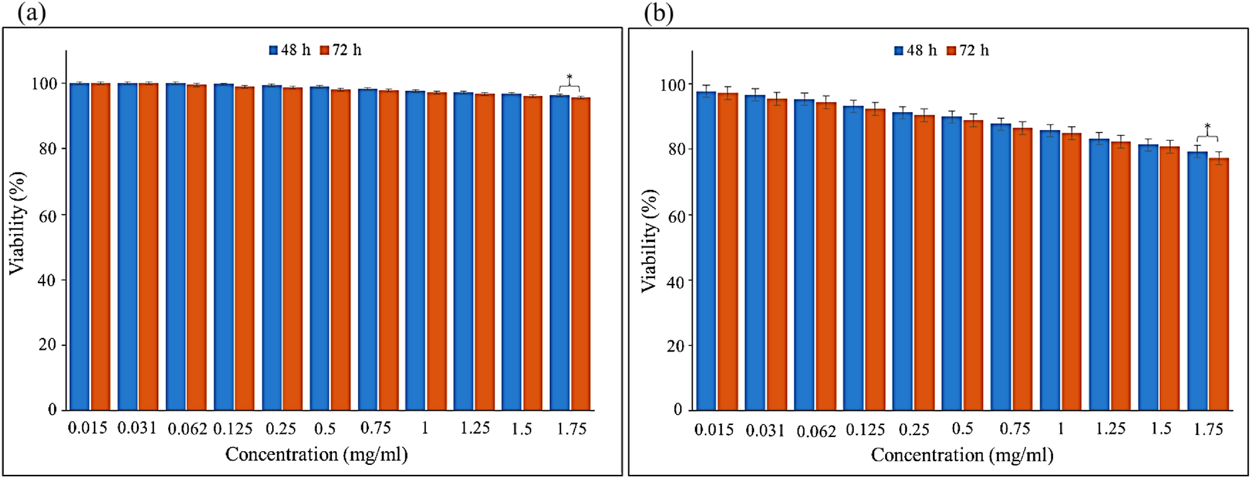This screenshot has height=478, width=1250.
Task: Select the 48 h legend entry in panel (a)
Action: click(290, 50)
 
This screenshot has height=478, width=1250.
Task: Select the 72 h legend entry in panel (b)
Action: click(967, 50)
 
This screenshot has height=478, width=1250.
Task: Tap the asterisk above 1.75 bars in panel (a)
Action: click(569, 78)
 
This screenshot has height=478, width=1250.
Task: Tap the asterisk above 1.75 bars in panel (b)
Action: click(1207, 128)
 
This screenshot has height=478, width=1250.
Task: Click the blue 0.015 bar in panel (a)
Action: click(79, 249)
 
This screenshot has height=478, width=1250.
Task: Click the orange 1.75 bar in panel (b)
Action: click(1219, 286)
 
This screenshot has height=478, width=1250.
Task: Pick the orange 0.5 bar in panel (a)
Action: click(341, 249)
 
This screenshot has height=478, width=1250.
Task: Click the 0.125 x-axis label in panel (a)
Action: click(233, 428)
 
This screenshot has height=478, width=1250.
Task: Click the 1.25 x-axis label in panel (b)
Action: click(1110, 429)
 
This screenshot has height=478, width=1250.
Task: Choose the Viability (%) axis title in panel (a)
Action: click(17, 223)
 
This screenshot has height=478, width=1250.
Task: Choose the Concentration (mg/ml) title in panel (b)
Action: click(962, 455)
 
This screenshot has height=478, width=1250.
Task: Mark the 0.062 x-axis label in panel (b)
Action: click(816, 430)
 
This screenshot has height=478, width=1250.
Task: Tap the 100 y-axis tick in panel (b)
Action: click(670, 85)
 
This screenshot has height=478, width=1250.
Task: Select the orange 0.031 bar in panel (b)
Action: click(777, 255)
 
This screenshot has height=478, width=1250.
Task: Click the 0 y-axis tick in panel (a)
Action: click(52, 410)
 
